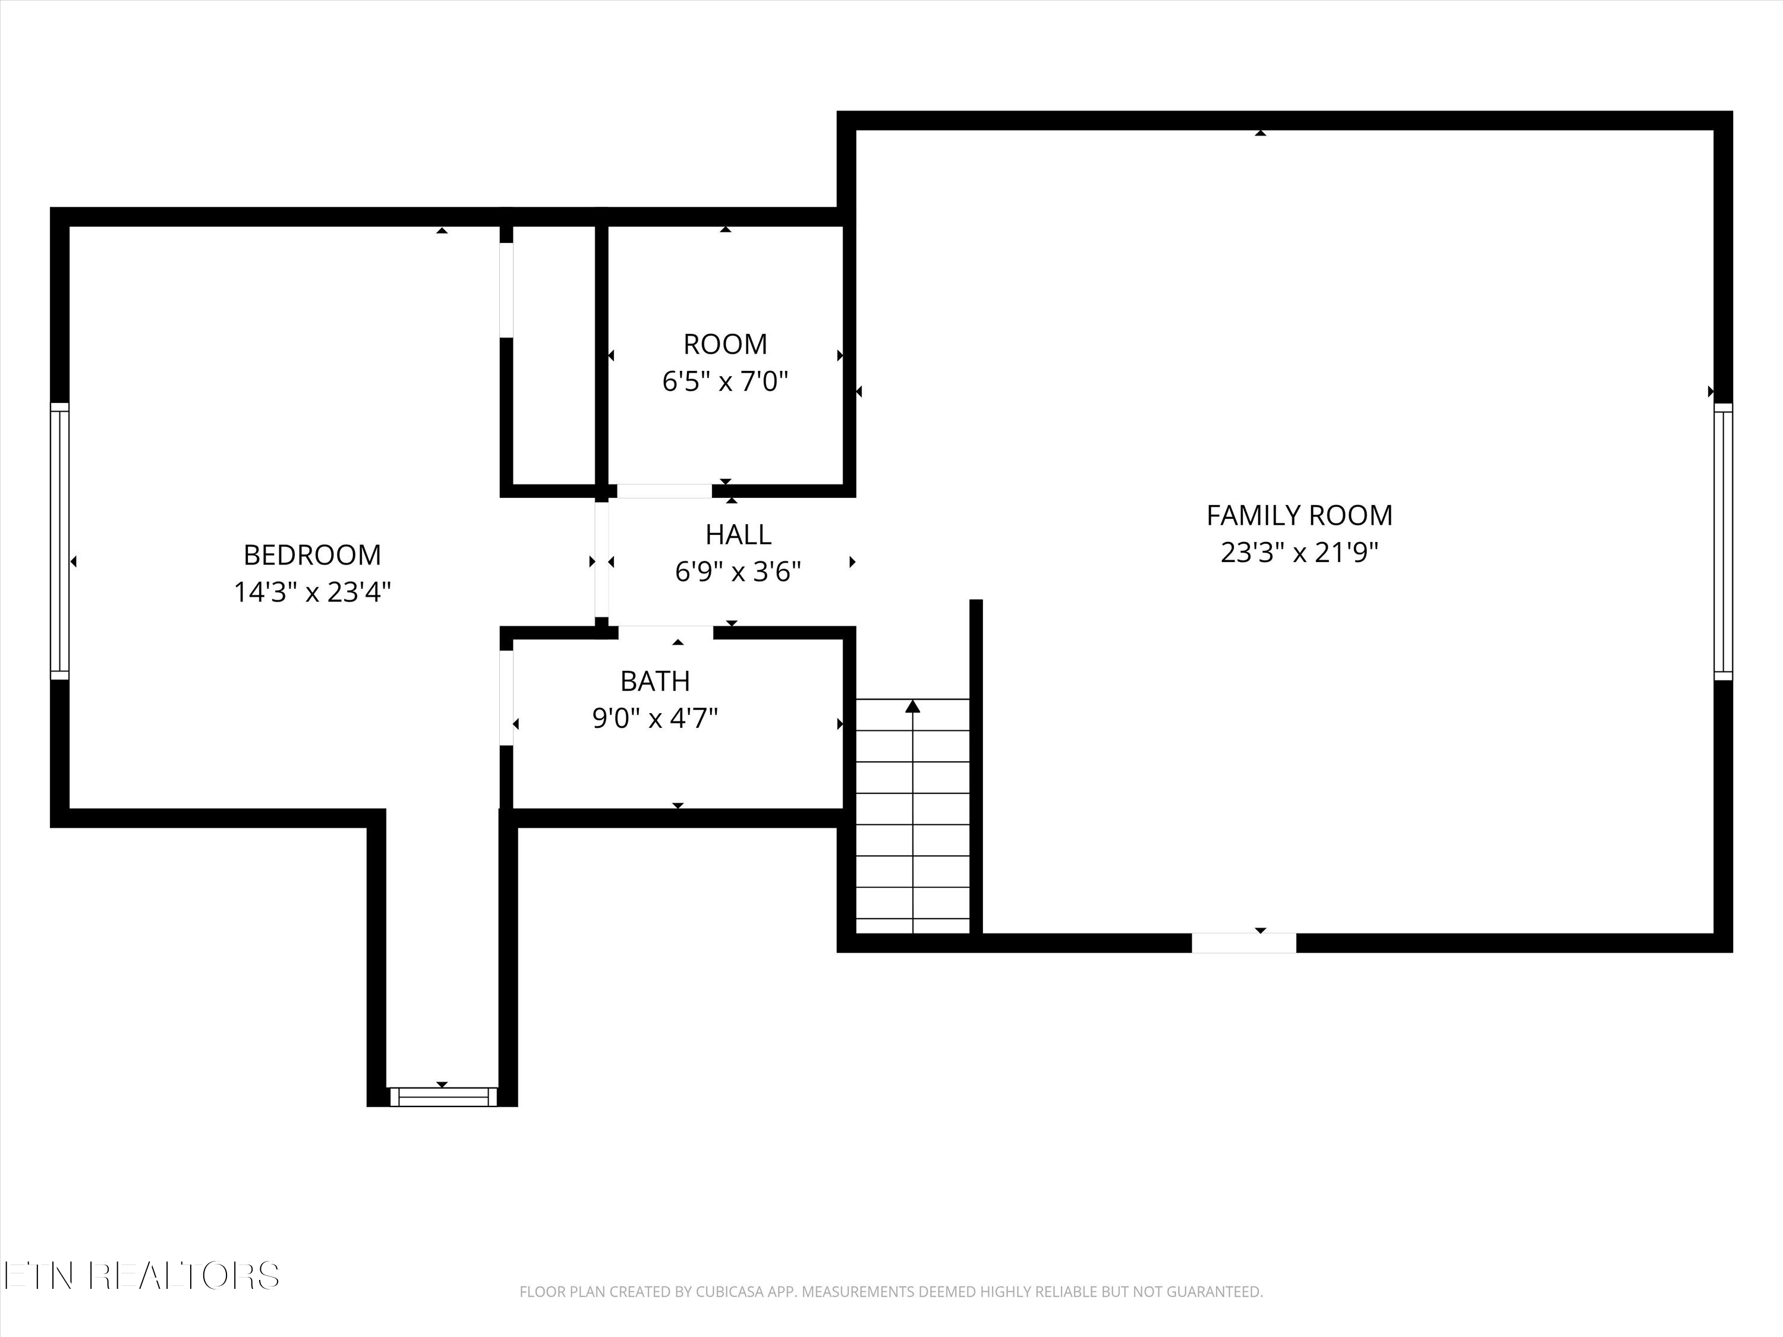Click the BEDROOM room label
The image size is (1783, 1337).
point(312,555)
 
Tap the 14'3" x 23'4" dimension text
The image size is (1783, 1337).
point(312,592)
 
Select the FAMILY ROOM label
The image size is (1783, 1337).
point(1299,516)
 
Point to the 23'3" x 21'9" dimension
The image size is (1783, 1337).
point(1299,553)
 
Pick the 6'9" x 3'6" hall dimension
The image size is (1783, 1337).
point(738,572)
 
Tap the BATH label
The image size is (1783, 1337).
point(654,682)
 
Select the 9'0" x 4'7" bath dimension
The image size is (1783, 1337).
point(654,718)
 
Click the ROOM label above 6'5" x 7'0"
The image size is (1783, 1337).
point(724,345)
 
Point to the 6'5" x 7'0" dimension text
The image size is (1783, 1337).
point(724,381)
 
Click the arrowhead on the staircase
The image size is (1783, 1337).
point(912,707)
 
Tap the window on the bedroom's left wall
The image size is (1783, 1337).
point(59,540)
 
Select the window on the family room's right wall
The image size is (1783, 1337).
point(1722,541)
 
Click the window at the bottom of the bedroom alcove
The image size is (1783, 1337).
point(443,1097)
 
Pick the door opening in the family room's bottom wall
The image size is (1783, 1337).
point(1244,943)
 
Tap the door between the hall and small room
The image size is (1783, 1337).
point(664,491)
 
